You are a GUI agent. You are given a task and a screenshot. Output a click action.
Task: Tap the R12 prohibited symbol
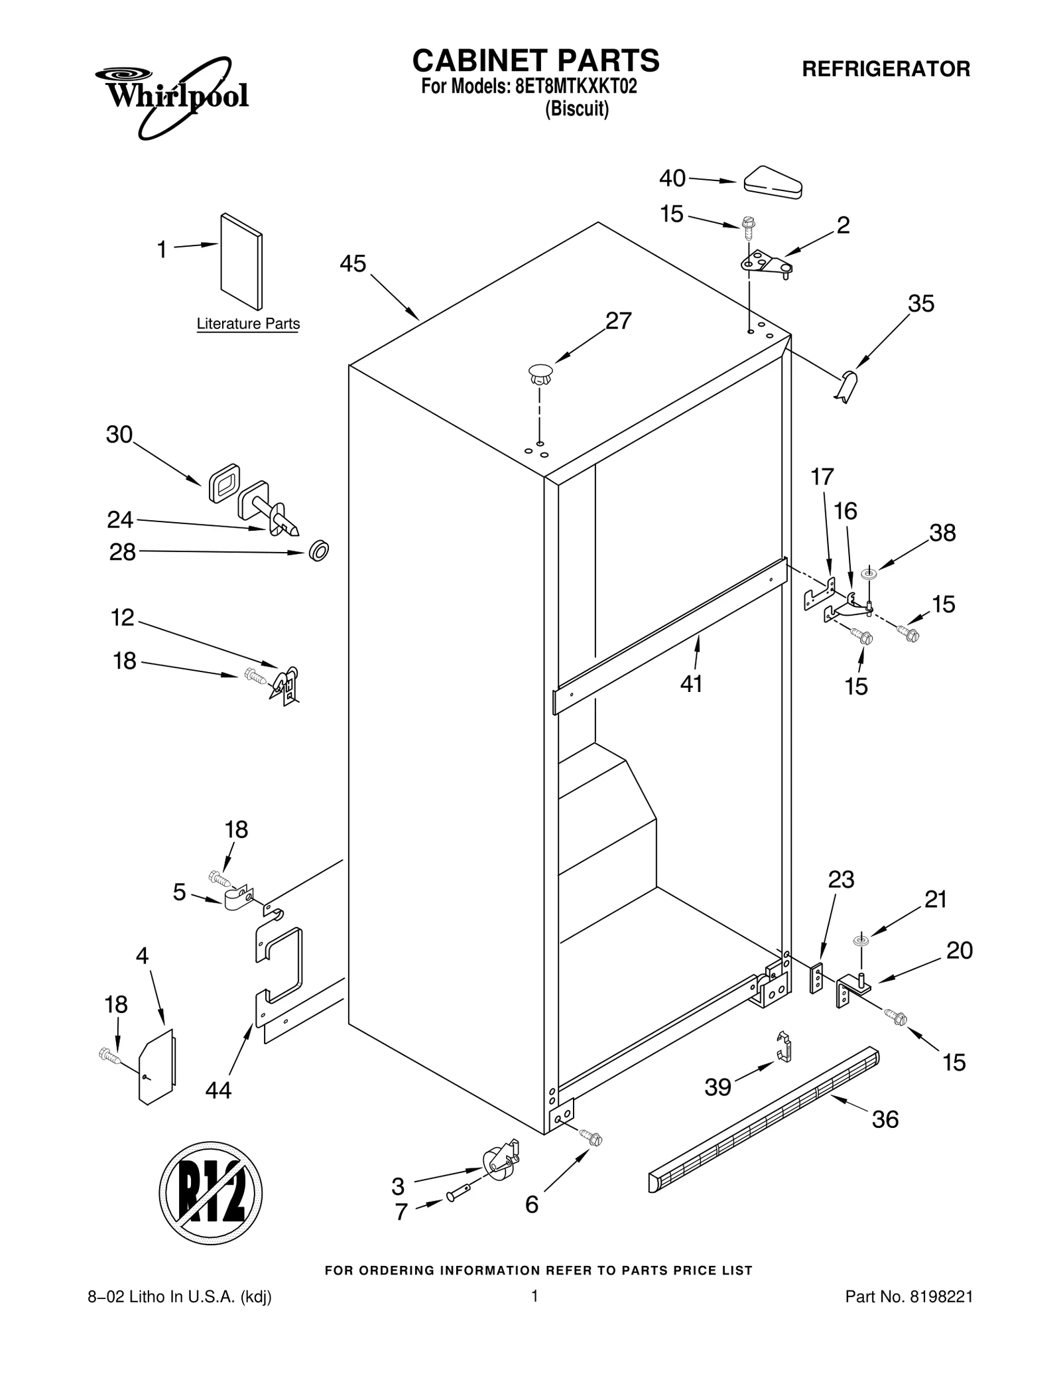click(210, 1193)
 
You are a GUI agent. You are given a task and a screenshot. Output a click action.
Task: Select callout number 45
click(352, 264)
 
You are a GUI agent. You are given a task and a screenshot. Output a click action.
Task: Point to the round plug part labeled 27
click(540, 374)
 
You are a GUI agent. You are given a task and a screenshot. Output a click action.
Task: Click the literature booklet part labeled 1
click(241, 261)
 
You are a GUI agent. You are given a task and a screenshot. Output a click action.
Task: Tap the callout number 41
click(691, 683)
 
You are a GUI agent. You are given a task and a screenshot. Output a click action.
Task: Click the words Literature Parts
click(248, 324)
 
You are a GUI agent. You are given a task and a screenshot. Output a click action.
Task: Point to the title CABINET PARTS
click(535, 61)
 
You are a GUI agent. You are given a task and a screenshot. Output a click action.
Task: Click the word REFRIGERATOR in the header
click(886, 69)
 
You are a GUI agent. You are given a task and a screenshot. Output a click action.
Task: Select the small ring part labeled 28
click(319, 551)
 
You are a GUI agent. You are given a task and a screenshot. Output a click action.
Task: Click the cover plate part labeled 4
click(158, 1067)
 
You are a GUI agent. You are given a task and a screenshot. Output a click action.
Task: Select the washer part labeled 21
click(861, 940)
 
